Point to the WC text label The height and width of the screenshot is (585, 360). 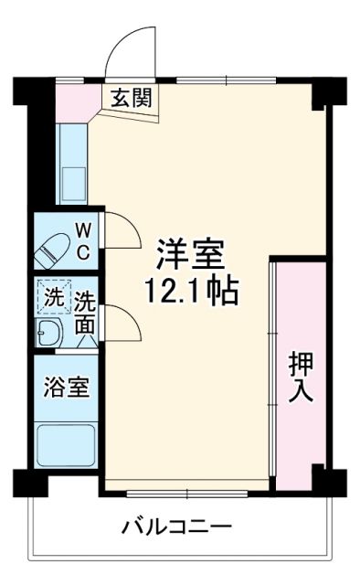coord(82,240)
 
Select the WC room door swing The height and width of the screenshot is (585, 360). coord(117,230)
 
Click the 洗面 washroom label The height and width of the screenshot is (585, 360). coord(84,311)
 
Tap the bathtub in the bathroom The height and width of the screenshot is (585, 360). coord(67,445)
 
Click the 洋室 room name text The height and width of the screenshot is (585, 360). coord(192,251)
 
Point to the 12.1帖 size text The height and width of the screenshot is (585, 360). coord(192,290)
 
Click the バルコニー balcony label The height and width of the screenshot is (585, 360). coord(177,527)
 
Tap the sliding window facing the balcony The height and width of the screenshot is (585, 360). coord(187,493)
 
